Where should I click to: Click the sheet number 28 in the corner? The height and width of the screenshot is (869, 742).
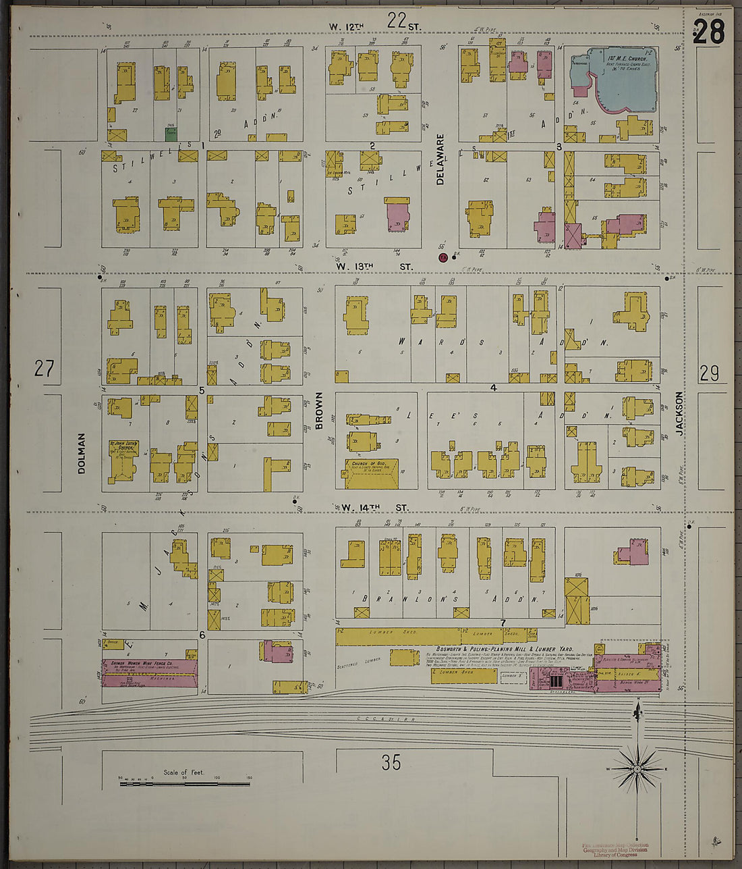pyautogui.click(x=708, y=32)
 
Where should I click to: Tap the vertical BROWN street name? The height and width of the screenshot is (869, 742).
pyautogui.click(x=319, y=411)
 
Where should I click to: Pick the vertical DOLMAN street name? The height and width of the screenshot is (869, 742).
pyautogui.click(x=82, y=453)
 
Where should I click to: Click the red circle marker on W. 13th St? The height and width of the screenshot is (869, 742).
pyautogui.click(x=443, y=257)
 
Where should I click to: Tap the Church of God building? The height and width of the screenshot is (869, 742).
pyautogui.click(x=372, y=473)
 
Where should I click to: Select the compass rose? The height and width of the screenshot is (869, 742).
pyautogui.click(x=637, y=768)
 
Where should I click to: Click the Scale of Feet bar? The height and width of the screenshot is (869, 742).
pyautogui.click(x=183, y=783)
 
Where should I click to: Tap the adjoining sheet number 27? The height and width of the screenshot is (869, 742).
pyautogui.click(x=44, y=369)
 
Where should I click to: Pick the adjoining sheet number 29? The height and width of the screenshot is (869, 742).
pyautogui.click(x=709, y=373)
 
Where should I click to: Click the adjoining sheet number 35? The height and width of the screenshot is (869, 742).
pyautogui.click(x=391, y=762)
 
